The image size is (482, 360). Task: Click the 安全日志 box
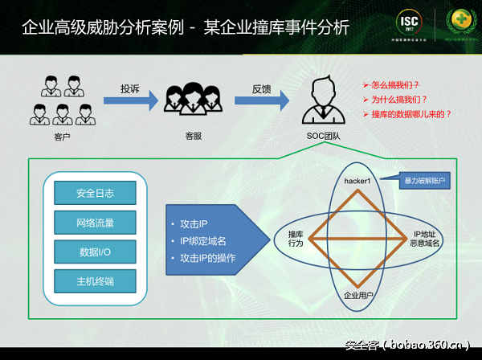pyautogui.click(x=95, y=193)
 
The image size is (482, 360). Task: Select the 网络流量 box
pyautogui.click(x=95, y=223)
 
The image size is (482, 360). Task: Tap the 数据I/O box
pyautogui.click(x=95, y=252)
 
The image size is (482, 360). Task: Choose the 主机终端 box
pyautogui.click(x=95, y=281)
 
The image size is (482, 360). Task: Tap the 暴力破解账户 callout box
pyautogui.click(x=424, y=182)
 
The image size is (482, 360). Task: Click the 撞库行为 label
pyautogui.click(x=295, y=238)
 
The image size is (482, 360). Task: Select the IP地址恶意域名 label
pyautogui.click(x=417, y=238)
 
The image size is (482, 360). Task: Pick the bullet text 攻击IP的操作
pyautogui.click(x=211, y=257)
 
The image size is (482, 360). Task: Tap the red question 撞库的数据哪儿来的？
pyautogui.click(x=411, y=114)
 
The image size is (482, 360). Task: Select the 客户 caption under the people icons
pyautogui.click(x=57, y=137)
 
